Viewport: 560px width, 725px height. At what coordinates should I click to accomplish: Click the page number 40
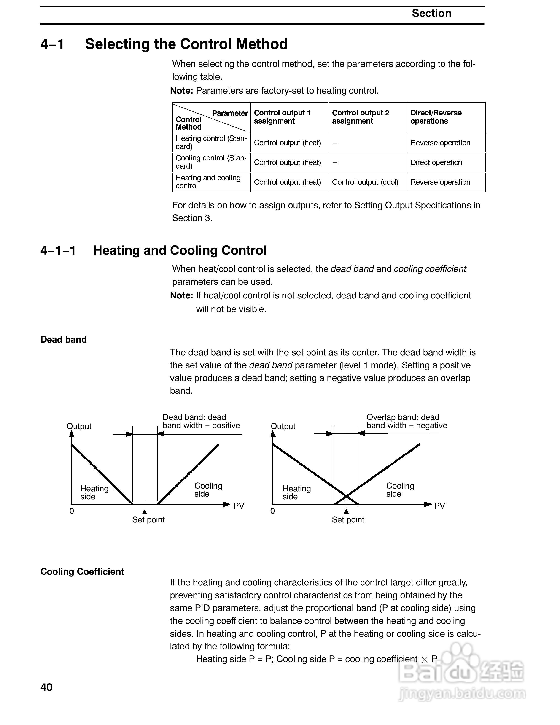pos(46,687)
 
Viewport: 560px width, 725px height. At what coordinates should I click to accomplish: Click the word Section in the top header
pos(431,13)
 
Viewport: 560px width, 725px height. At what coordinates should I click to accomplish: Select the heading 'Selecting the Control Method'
pos(186,44)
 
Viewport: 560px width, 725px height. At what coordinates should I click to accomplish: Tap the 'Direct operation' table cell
pos(436,162)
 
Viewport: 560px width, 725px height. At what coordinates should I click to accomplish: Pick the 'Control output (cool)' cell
pos(365,182)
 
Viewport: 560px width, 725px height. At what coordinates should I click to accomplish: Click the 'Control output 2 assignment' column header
pos(361,117)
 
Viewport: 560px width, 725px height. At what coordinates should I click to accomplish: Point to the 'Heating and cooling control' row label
pos(208,182)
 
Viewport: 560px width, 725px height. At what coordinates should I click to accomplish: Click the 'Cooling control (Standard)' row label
pos(211,162)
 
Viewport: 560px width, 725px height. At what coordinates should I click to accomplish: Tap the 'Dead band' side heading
pos(64,340)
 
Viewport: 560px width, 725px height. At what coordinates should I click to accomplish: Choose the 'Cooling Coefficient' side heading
pos(82,572)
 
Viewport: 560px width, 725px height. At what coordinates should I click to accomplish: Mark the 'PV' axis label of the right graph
pos(439,506)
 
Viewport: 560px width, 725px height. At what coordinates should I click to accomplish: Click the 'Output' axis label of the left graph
pos(79,426)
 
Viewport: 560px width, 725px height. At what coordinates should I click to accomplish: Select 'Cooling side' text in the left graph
pos(208,490)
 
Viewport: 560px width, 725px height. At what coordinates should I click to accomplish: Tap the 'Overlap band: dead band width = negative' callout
pos(407,422)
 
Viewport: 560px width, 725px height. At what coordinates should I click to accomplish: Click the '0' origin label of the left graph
pos(72,511)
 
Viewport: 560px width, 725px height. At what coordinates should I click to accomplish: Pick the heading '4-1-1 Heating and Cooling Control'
pos(153,251)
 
